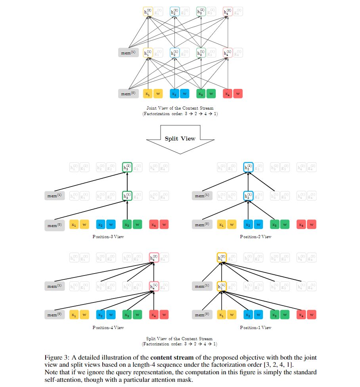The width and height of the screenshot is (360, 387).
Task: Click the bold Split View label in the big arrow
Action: click(180, 139)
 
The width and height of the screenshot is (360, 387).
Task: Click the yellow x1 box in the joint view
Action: click(147, 94)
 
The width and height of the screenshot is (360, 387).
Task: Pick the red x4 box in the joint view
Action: click(227, 94)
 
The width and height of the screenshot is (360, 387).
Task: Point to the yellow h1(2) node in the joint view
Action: click(147, 12)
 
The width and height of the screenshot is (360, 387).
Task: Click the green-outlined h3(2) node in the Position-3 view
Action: click(127, 168)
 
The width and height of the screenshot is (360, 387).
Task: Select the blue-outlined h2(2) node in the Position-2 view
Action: click(248, 168)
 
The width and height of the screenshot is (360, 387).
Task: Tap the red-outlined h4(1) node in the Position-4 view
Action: click(153, 286)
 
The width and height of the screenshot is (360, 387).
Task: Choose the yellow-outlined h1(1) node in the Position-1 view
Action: click(222, 286)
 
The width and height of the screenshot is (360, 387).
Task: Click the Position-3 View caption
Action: click(108, 237)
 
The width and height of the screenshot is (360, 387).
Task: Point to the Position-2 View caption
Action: click(255, 237)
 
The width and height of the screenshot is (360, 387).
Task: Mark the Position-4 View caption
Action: click(108, 327)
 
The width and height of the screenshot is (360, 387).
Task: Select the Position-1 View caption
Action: click(255, 327)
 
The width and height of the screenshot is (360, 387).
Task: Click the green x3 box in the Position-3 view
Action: click(127, 225)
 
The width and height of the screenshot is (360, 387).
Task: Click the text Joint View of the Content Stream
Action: click(180, 108)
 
